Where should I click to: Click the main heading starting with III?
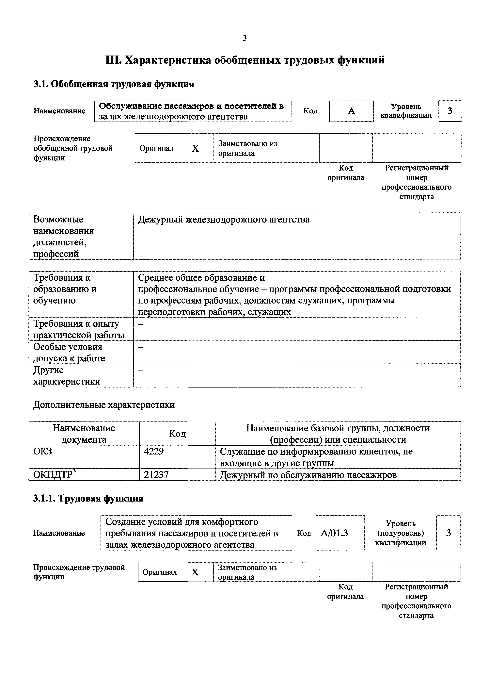point(245,60)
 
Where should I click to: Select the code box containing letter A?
point(351,111)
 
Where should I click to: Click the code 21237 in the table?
point(156,475)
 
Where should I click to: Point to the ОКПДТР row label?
point(54,475)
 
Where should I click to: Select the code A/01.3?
point(334,533)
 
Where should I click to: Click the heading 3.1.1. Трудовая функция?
point(88,498)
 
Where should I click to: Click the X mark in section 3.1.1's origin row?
point(195,572)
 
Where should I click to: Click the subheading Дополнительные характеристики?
point(104,405)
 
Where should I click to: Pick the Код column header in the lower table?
point(177,434)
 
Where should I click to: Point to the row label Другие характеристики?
point(66,376)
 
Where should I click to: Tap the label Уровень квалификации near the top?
point(406,111)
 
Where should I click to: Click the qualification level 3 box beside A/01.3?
point(448,533)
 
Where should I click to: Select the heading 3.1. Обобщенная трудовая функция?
point(113,84)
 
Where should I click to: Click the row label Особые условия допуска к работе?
point(69,353)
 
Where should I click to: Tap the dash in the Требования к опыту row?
point(141,324)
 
